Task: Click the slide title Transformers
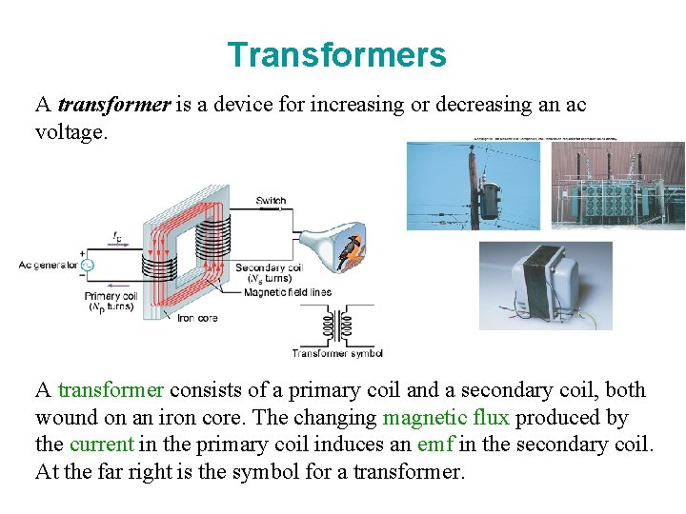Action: pos(336,55)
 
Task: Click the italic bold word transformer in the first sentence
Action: pos(113,105)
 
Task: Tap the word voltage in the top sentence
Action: pos(71,131)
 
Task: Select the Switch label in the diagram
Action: pos(271,201)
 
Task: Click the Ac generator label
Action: pos(48,265)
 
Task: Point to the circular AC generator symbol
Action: pos(86,265)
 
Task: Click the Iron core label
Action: pos(198,318)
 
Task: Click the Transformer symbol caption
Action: pos(337,353)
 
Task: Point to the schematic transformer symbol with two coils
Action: pos(337,326)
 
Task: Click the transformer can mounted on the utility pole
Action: pos(491,199)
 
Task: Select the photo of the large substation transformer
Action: pos(619,187)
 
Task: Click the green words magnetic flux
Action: pos(446,417)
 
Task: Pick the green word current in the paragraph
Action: pos(101,444)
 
